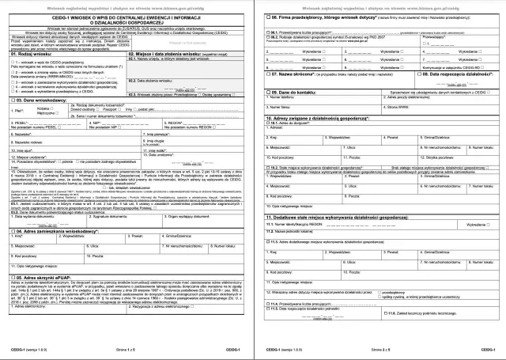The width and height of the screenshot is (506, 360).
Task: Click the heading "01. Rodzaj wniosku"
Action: tap(32, 52)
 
